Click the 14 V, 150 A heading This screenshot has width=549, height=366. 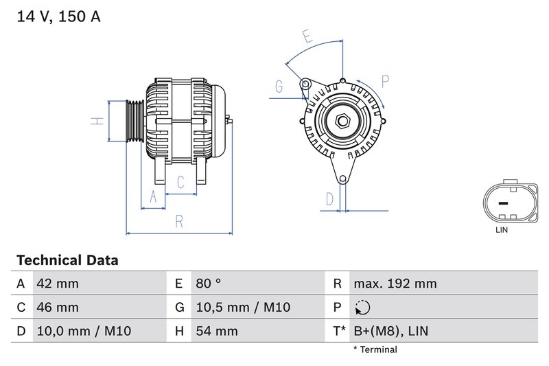(58, 16)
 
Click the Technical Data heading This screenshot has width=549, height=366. (67, 261)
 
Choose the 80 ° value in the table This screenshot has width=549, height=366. (209, 284)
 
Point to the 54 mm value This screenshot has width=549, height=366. (216, 332)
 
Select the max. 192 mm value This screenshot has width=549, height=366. (395, 284)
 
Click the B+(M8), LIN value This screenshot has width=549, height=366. (390, 332)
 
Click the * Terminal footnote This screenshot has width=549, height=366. (375, 350)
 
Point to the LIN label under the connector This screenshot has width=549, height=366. (502, 231)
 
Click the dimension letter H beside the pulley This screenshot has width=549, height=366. (98, 121)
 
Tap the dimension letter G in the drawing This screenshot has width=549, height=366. (279, 87)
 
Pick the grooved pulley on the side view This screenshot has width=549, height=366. (134, 122)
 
